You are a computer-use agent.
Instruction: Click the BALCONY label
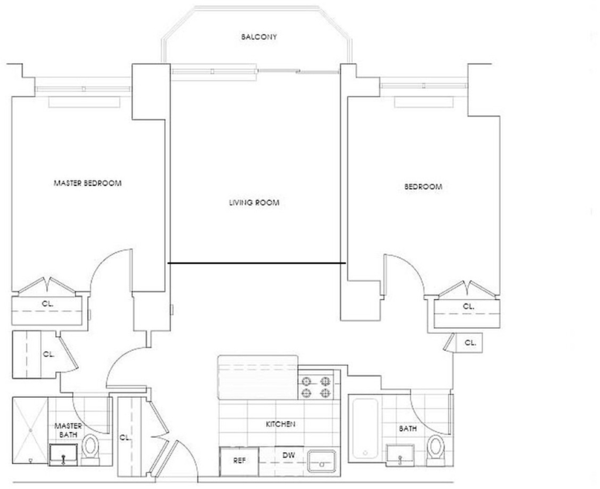(258, 37)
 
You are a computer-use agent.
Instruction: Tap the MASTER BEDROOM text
(88, 183)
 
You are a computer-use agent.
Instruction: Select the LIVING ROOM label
(254, 203)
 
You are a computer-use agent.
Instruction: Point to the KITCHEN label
(281, 424)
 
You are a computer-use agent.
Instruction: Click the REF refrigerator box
(239, 461)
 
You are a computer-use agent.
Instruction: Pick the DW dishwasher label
(288, 456)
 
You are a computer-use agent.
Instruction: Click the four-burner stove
(316, 387)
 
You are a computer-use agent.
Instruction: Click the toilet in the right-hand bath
(435, 449)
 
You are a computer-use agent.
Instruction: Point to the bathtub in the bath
(365, 428)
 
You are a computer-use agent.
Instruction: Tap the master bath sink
(63, 454)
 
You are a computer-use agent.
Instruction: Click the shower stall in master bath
(30, 431)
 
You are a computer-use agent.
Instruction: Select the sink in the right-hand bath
(400, 455)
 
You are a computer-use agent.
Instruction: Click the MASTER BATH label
(68, 430)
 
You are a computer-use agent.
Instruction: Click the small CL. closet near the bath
(469, 343)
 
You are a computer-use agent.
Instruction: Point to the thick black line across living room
(257, 264)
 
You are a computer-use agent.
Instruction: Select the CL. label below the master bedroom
(47, 305)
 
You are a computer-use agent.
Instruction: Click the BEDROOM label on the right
(423, 187)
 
